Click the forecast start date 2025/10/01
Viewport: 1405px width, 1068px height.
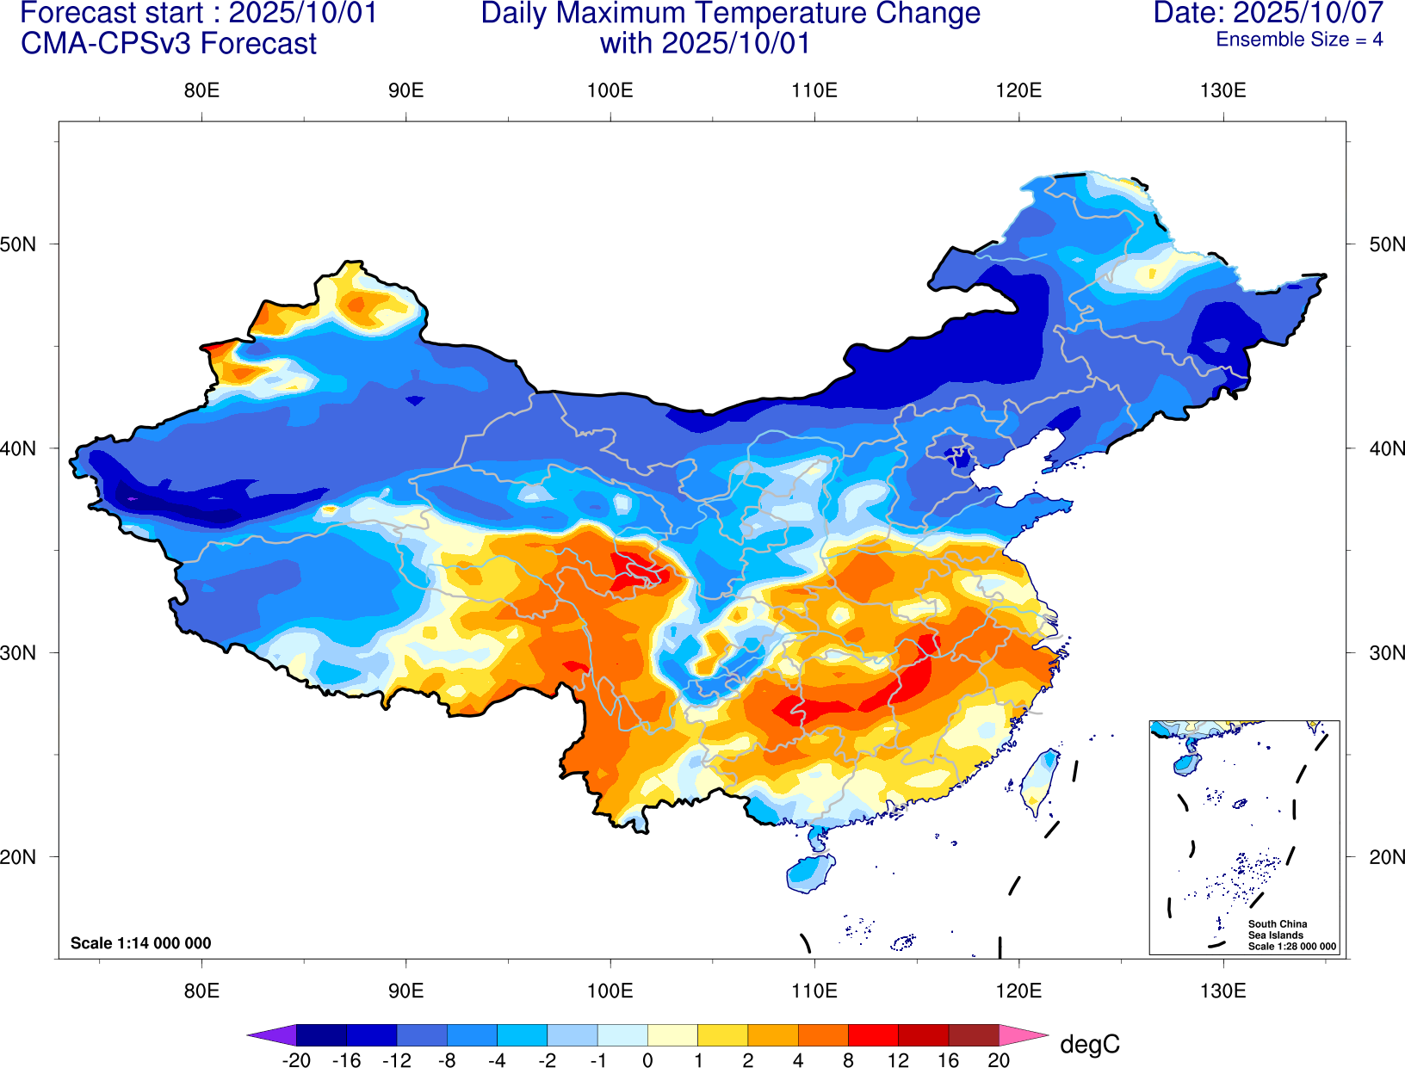click(x=302, y=13)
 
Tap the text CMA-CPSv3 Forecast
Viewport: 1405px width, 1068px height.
click(x=169, y=43)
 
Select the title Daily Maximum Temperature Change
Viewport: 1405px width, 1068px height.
click(x=730, y=13)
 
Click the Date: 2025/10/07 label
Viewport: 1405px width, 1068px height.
click(x=1268, y=13)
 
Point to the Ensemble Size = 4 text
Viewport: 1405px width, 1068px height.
click(x=1299, y=40)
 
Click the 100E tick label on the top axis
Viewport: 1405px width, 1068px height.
click(x=610, y=90)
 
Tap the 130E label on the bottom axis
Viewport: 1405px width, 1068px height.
click(x=1222, y=991)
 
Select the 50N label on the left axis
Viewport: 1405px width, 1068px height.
click(x=19, y=244)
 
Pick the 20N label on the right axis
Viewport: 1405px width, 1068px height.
click(x=1387, y=857)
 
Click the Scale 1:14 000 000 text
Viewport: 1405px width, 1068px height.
click(x=140, y=943)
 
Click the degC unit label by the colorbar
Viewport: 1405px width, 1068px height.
click(x=1089, y=1044)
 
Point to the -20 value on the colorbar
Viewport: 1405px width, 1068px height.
click(x=296, y=1060)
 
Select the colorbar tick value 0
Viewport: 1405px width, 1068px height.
click(x=647, y=1060)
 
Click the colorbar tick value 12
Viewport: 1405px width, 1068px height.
click(x=898, y=1060)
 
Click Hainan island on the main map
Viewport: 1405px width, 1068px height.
click(x=810, y=873)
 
